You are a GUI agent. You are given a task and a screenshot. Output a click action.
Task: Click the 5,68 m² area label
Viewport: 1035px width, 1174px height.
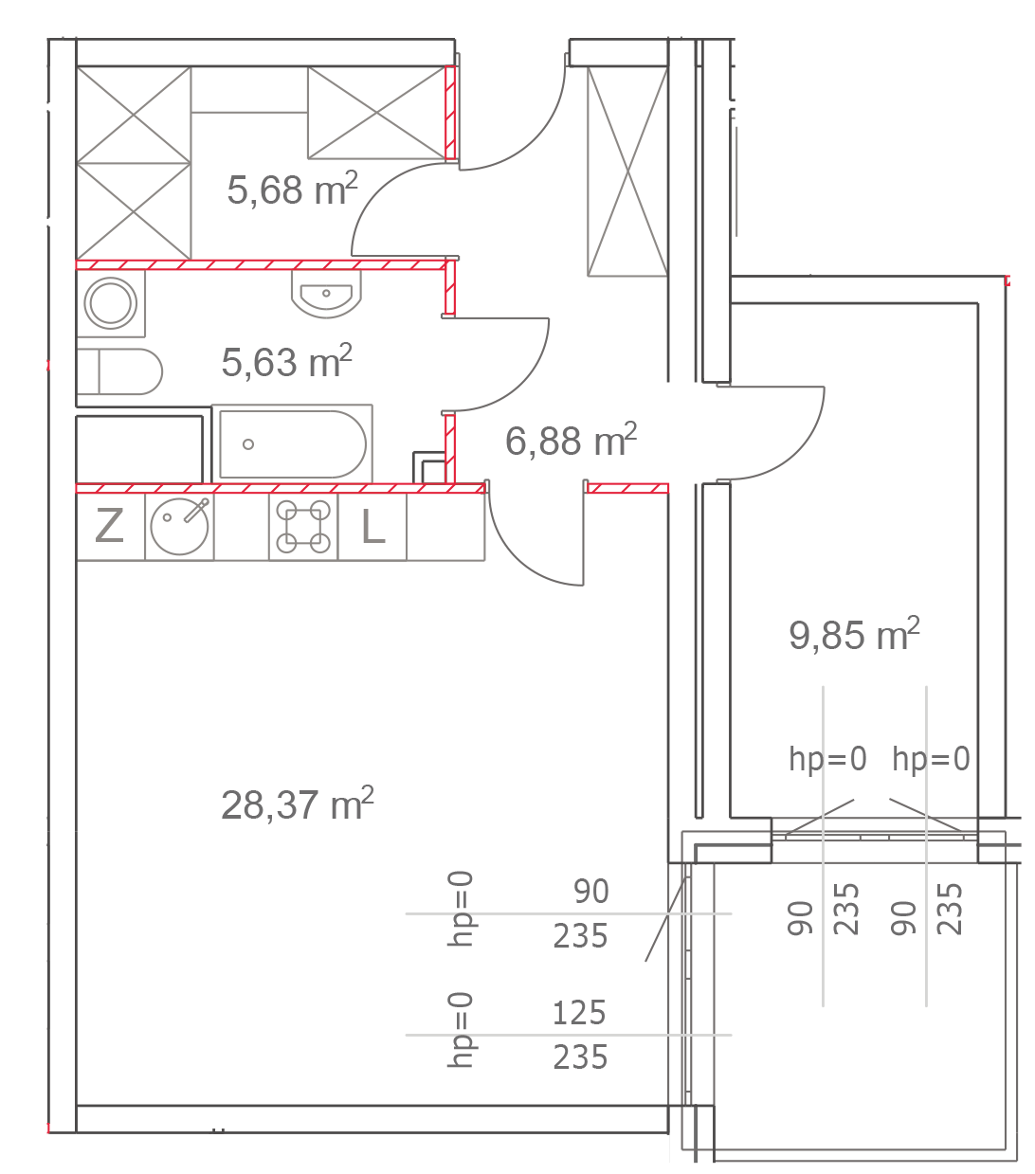292,190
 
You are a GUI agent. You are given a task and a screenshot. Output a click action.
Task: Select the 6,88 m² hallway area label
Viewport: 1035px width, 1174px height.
570,440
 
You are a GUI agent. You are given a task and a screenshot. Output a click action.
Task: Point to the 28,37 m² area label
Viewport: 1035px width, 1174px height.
297,805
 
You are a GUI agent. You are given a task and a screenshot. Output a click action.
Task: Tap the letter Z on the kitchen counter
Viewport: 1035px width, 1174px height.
110,526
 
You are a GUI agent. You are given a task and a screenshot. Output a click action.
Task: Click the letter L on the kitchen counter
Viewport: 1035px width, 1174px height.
373,527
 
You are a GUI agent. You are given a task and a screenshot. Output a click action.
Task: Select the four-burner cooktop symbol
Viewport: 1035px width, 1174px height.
303,527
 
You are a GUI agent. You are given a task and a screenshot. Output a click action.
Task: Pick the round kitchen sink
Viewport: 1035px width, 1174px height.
179,526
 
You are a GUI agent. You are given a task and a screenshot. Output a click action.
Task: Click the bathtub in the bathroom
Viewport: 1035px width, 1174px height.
292,443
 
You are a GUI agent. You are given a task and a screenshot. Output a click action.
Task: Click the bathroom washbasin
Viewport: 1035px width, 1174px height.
326,296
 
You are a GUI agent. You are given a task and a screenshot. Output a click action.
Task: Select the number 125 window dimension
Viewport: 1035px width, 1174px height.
579,1013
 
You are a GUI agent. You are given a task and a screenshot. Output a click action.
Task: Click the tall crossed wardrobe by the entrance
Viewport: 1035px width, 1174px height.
627,172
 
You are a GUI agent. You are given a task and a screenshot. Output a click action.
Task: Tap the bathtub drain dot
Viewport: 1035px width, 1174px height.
248,443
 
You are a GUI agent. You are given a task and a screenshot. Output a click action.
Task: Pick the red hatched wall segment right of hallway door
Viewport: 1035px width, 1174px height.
627,489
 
